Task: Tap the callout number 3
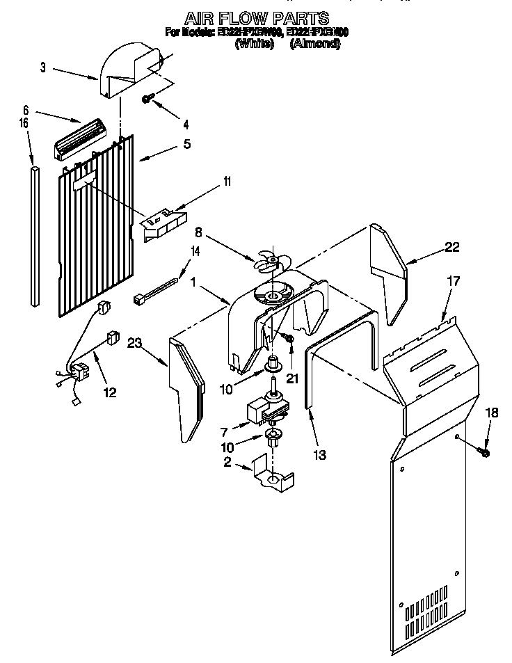(x=42, y=67)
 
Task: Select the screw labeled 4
(x=147, y=99)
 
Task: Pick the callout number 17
(x=453, y=282)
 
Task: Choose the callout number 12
(x=110, y=392)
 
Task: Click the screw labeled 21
(x=290, y=339)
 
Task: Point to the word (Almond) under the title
(x=314, y=44)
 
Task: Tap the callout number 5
(x=186, y=145)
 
